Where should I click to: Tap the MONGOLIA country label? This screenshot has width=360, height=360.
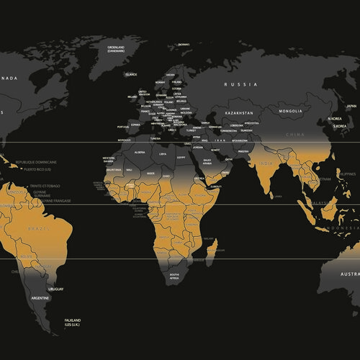[295, 112]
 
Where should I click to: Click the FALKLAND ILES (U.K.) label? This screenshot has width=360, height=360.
[72, 323]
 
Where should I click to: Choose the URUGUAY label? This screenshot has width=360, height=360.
[57, 289]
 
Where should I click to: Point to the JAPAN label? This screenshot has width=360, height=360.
[351, 107]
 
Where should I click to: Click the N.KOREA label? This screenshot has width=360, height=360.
[335, 117]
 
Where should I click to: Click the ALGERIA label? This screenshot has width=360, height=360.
[140, 153]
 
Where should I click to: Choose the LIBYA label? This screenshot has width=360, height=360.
[163, 153]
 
